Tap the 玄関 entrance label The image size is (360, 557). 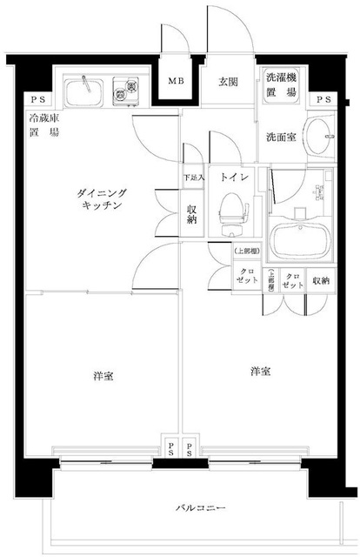pos(228,82)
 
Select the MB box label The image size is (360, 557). pos(175,82)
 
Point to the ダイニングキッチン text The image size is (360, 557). pos(103,198)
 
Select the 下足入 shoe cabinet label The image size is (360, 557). pos(192,178)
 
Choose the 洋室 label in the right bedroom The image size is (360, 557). pos(259,372)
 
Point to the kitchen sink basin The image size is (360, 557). pos(85,89)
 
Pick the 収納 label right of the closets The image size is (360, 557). pos(321,280)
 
